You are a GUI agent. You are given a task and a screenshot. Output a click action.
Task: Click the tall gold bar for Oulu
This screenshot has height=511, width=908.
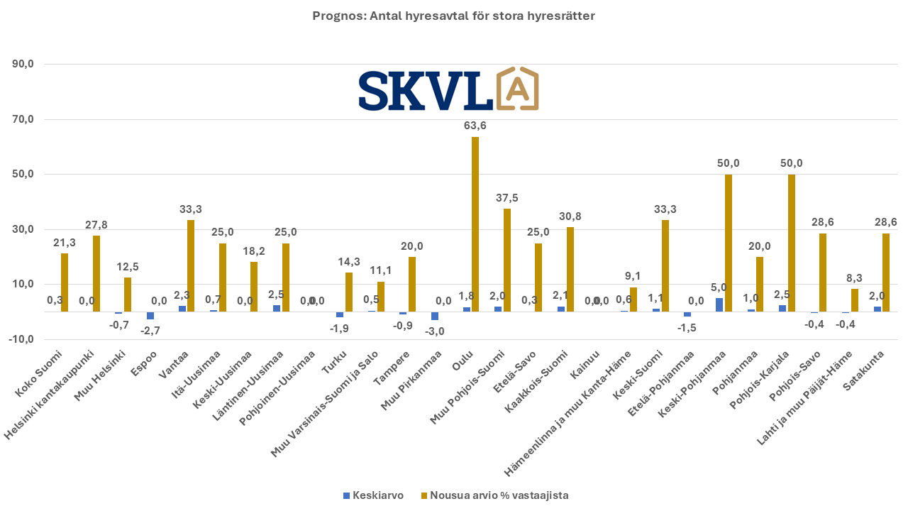475,224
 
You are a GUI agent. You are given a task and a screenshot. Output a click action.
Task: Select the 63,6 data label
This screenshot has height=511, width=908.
475,126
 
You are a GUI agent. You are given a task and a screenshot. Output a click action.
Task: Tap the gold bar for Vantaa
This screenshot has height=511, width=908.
191,266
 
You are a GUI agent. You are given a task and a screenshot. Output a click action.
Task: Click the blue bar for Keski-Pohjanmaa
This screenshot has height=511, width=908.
719,305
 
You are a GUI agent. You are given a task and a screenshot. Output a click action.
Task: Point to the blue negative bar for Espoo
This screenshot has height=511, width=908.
150,316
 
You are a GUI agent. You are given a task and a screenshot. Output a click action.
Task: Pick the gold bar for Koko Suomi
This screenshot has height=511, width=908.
65,282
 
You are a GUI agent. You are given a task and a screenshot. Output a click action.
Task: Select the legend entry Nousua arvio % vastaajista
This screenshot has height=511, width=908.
494,495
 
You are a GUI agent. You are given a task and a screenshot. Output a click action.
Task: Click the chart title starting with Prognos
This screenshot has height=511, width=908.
454,16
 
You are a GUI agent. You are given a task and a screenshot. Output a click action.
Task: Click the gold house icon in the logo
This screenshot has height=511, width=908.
518,89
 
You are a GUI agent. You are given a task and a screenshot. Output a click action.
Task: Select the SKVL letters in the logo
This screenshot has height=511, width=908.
425,90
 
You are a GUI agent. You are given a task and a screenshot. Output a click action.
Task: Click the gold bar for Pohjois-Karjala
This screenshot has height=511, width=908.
792,243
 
